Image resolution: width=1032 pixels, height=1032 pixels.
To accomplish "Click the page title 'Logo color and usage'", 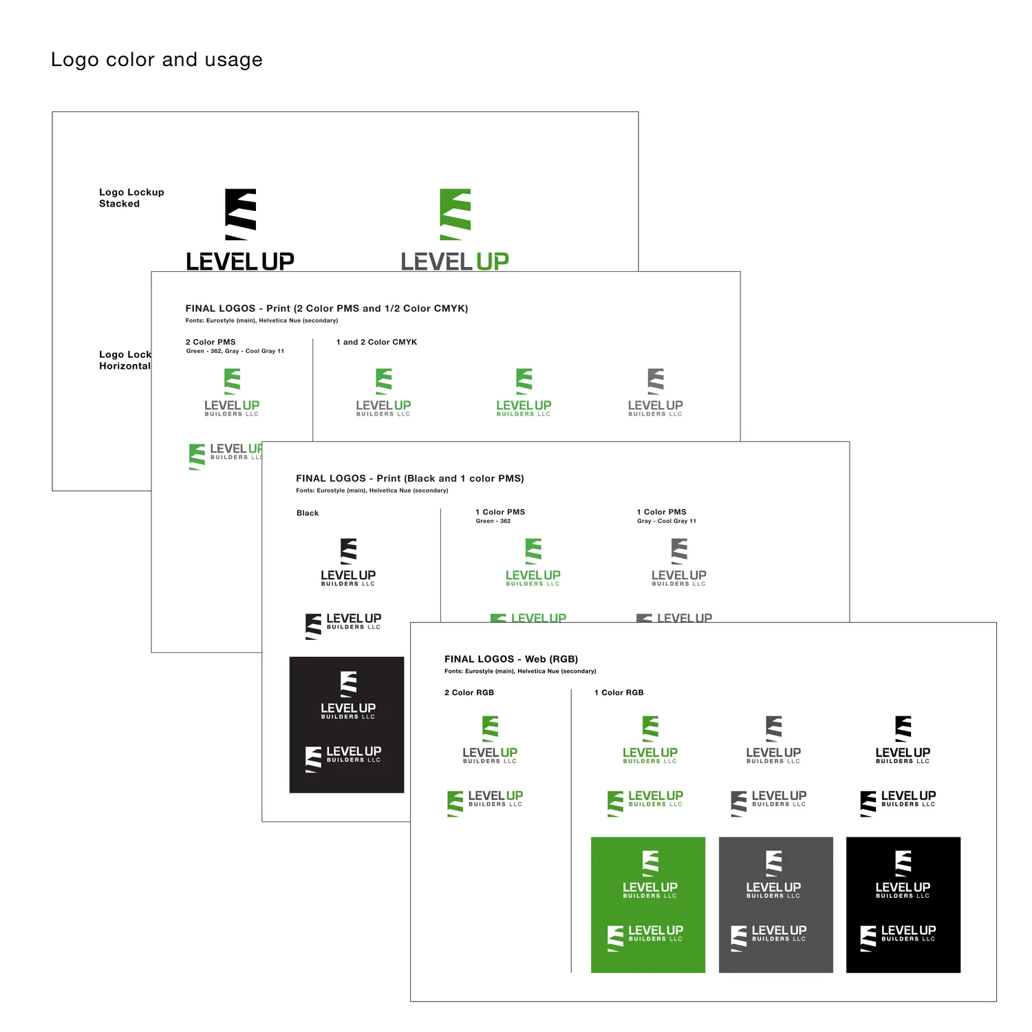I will pos(157,60).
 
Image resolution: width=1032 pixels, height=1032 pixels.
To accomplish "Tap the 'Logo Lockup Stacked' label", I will pos(131,198).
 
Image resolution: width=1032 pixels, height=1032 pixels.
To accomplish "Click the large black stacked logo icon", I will pos(241,214).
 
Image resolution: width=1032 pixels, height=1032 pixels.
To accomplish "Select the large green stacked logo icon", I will pos(455,214).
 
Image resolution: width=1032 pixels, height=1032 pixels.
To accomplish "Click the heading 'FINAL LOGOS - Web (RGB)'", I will pos(511,659).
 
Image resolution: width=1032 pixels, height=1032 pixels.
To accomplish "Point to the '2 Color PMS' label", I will pos(211,342).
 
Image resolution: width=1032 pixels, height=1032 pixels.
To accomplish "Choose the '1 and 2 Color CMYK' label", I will pos(376,342).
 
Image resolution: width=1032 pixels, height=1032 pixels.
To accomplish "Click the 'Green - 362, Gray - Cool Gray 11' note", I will pos(235,352).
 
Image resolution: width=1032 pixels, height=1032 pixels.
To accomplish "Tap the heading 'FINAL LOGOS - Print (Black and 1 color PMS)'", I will pos(410,478).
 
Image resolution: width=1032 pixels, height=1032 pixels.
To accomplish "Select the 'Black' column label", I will pos(308,513).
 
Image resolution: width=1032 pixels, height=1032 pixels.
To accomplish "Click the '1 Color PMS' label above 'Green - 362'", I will pos(500,512).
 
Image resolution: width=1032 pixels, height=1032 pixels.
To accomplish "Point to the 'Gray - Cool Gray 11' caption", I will pos(667,522).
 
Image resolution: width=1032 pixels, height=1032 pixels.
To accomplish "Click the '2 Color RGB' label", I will pos(469,693).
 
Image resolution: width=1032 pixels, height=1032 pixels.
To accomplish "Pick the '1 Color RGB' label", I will pos(619,693).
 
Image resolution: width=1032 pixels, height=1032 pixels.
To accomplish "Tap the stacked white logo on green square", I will pos(650,874).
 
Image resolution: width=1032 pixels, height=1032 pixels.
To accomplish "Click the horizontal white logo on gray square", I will pos(769,938).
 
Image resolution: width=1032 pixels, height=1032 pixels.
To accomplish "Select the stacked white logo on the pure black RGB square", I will pos(903,874).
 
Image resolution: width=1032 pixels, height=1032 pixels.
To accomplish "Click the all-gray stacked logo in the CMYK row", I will pos(656,393).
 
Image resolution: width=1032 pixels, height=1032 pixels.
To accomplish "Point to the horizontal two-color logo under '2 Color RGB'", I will pos(486,803).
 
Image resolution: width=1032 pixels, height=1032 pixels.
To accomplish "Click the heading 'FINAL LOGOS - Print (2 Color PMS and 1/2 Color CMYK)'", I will pos(327,308).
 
